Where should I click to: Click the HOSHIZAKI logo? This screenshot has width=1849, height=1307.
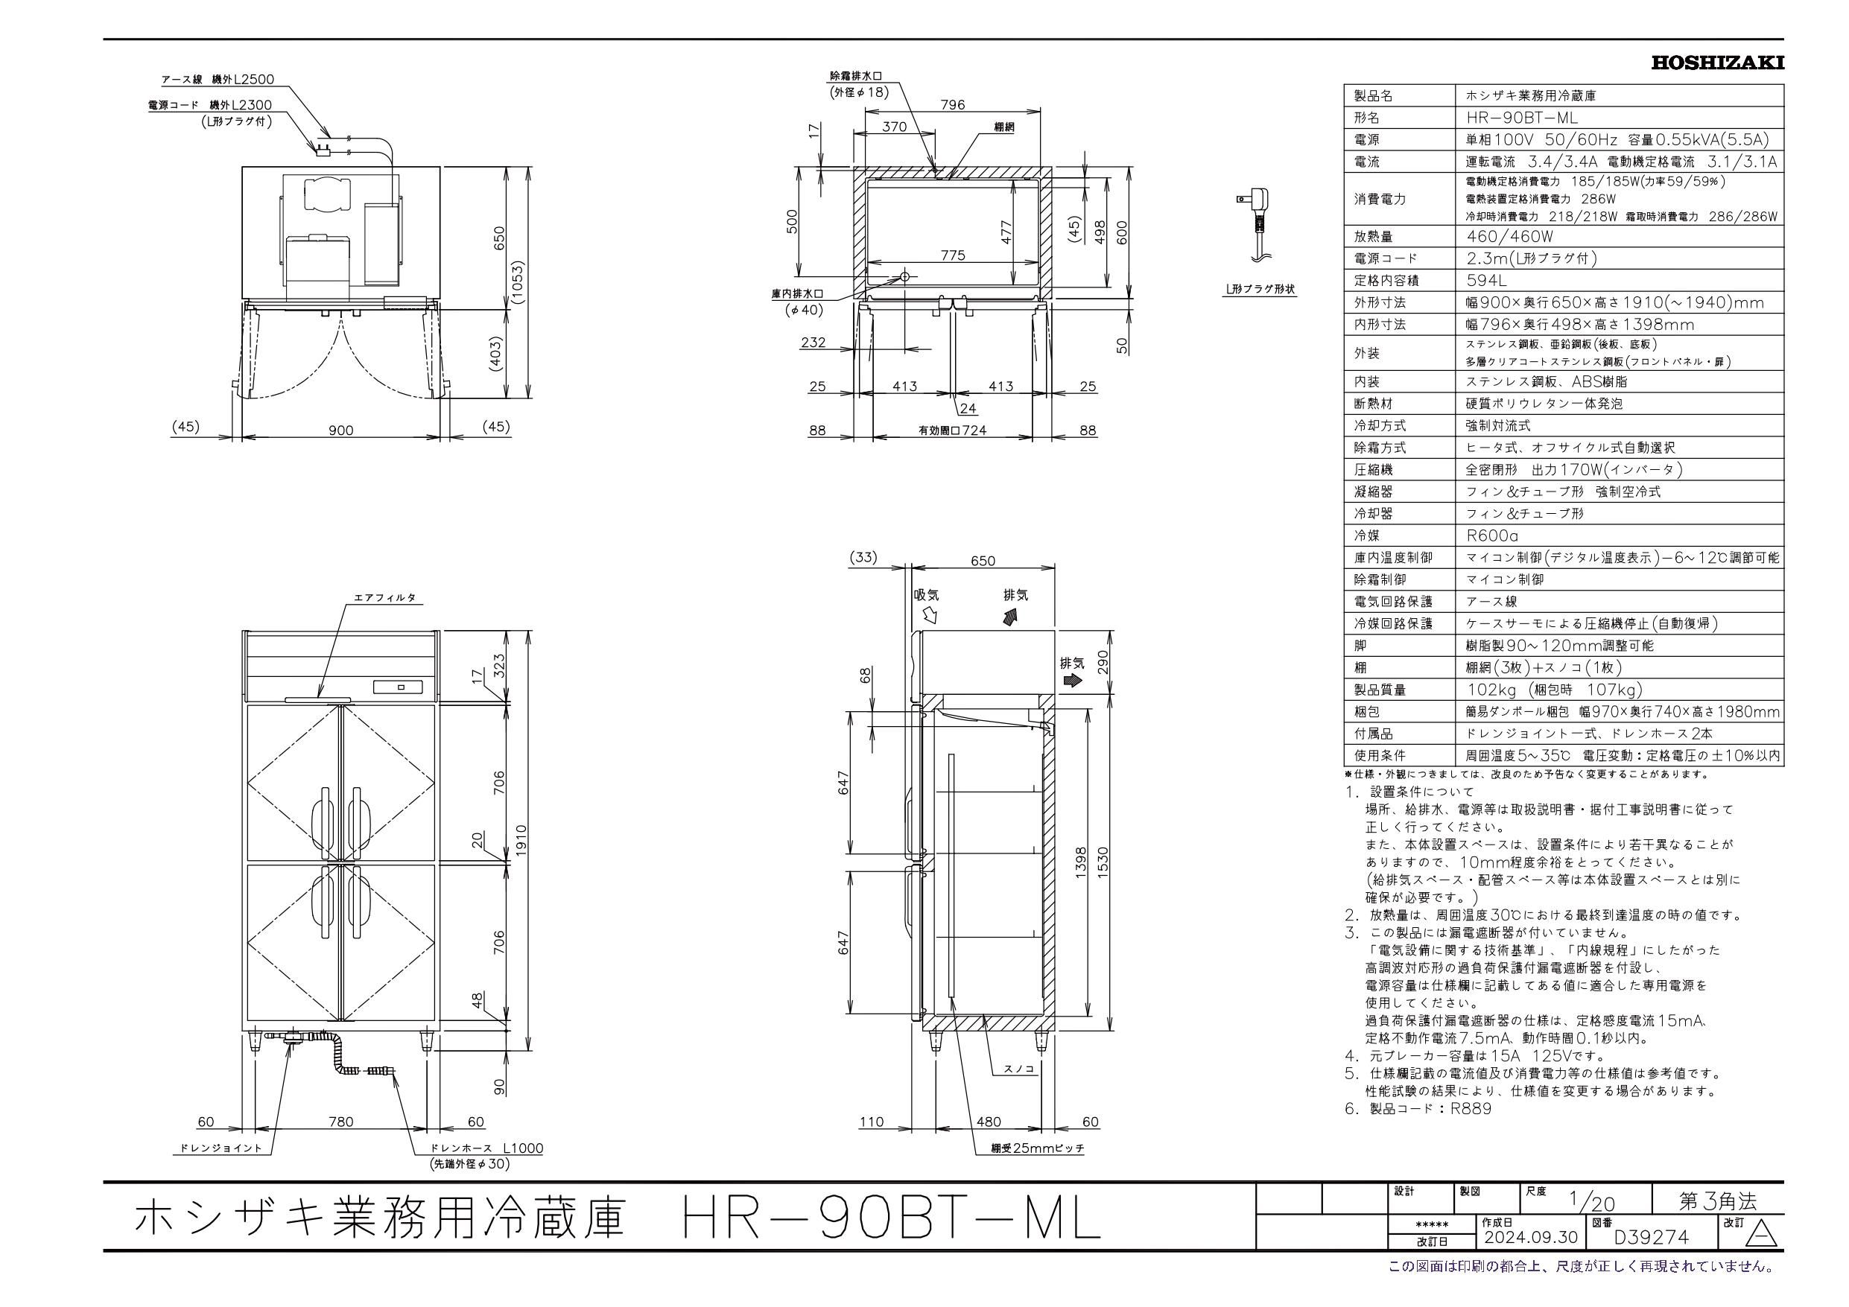(x=1717, y=63)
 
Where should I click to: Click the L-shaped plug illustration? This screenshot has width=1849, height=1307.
(x=1250, y=223)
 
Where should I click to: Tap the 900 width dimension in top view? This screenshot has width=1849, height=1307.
(x=340, y=430)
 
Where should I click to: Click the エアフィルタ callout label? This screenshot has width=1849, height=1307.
(x=385, y=598)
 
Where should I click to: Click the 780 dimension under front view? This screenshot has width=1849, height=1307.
(x=340, y=1121)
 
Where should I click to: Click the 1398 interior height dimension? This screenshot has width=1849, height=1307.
(x=1081, y=863)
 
